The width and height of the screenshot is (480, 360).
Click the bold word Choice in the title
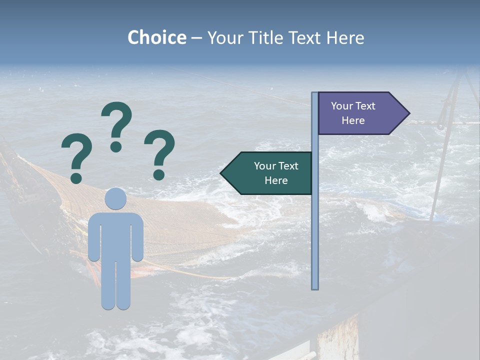coord(156,37)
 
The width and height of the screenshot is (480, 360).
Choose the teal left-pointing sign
coord(270,173)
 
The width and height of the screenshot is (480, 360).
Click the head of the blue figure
coord(115,198)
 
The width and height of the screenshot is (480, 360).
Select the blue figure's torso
coord(115,237)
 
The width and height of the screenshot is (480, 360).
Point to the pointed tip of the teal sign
coord(221,173)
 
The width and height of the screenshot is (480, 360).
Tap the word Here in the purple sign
coord(353,120)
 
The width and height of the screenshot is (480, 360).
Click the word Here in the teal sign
coord(276,180)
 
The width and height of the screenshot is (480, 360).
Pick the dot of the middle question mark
coord(116,146)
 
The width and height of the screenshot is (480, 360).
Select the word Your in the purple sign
coord(342,106)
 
